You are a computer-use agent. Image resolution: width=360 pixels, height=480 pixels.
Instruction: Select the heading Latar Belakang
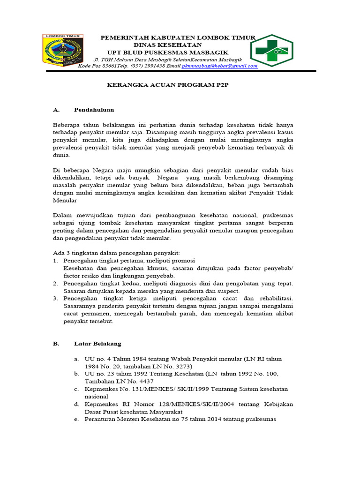tap(97, 343)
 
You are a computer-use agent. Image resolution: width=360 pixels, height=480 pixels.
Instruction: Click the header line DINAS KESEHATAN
tap(178, 45)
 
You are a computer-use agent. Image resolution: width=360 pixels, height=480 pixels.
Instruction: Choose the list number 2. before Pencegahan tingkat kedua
tap(55, 284)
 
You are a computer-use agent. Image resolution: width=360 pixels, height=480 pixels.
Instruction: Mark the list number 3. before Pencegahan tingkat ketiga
tap(55, 299)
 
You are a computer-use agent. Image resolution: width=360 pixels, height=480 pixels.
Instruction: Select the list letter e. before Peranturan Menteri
tap(76, 419)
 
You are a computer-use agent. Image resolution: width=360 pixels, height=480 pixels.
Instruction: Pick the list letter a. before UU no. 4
tap(76, 359)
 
